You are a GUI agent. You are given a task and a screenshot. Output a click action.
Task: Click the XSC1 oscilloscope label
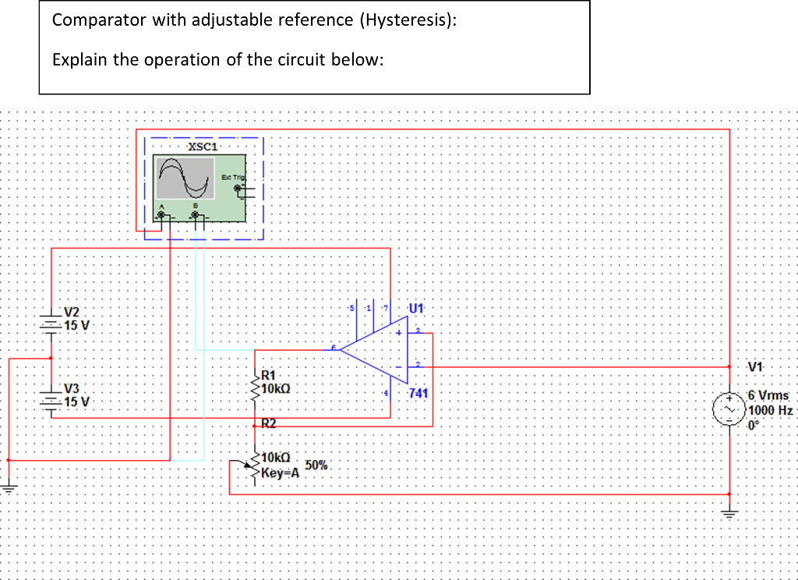point(203,146)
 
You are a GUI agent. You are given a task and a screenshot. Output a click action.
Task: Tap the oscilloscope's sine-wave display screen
point(185,179)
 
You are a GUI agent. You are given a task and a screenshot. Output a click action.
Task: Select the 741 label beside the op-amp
point(418,393)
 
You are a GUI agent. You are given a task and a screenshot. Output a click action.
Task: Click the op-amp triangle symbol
point(374,352)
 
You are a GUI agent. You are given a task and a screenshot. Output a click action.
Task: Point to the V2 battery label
point(72,311)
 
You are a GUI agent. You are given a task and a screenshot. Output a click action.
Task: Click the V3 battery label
point(72,388)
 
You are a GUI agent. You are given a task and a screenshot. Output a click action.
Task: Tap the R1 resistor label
point(270,375)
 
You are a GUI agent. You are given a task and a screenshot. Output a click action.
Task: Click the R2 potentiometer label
point(268,424)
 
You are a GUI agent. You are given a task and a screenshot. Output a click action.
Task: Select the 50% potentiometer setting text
point(317,465)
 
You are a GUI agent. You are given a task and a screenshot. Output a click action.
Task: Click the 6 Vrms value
point(768,395)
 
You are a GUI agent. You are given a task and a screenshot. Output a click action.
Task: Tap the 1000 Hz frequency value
point(769,410)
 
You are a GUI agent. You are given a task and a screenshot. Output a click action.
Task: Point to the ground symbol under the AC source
point(729,514)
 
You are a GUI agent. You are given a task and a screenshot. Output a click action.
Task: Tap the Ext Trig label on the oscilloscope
point(232,178)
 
